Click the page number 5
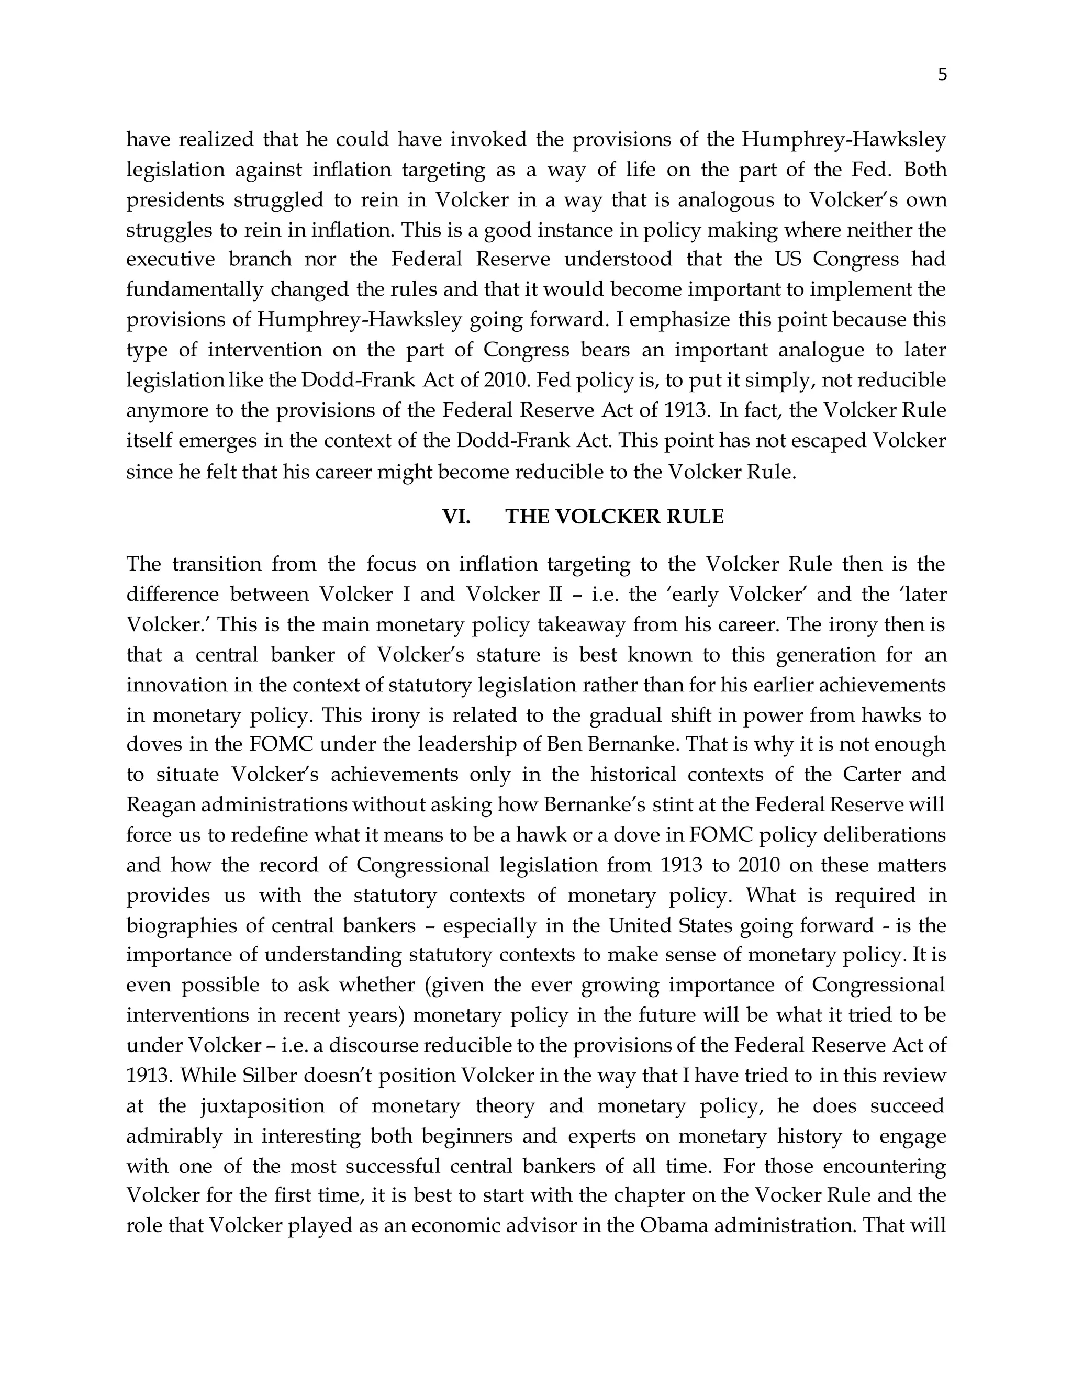942,75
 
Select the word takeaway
584,625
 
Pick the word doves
153,744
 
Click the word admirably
175,1136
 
